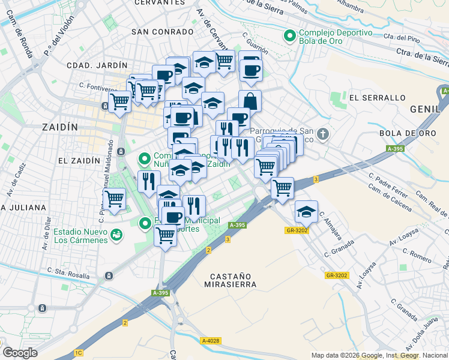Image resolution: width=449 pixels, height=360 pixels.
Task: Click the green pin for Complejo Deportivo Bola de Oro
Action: (x=290, y=37)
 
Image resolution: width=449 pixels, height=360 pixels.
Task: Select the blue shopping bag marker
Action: (x=250, y=101)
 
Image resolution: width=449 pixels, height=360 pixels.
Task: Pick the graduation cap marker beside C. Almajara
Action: (x=306, y=211)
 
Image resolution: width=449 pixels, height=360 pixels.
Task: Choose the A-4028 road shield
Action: (x=211, y=341)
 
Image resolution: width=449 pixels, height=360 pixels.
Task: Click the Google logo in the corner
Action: (x=19, y=353)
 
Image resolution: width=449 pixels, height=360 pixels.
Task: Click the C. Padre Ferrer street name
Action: (x=388, y=185)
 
